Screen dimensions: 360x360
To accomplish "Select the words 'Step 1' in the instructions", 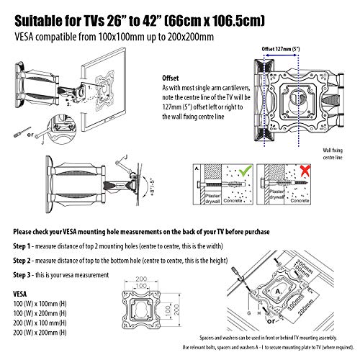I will coord(27,246).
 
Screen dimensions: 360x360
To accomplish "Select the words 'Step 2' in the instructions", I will coord(27,260).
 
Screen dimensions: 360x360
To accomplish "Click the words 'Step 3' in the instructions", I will coord(27,276).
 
